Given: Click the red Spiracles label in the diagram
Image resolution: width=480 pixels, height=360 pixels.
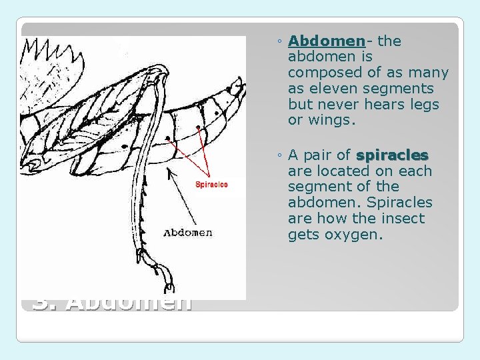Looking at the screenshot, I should (x=211, y=185).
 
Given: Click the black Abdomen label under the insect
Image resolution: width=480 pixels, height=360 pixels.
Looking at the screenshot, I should (x=188, y=233).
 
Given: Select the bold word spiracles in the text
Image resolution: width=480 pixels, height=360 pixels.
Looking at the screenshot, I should (x=392, y=155).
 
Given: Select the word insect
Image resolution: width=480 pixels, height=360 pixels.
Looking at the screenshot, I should (x=405, y=219).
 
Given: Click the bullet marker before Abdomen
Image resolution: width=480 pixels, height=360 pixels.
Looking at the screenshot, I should (x=279, y=42).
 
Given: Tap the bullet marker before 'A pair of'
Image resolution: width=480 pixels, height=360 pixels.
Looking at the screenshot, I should (x=279, y=156).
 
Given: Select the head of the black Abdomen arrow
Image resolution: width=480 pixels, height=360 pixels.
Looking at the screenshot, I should (x=168, y=171).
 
